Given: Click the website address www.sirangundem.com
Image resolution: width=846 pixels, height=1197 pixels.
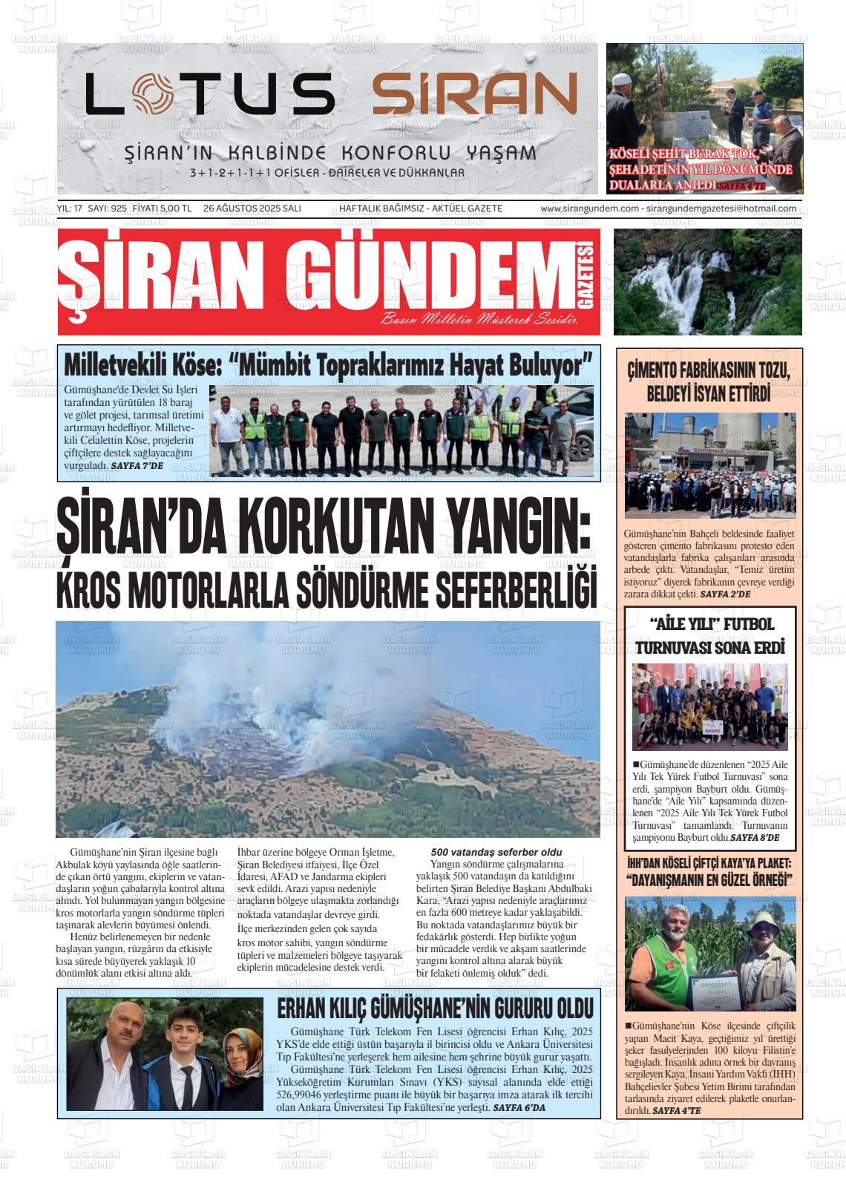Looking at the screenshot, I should tap(590, 209).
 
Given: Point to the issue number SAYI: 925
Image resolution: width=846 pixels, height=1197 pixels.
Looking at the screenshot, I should tap(108, 209).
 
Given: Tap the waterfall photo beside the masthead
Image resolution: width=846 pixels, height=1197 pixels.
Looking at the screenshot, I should tap(707, 281).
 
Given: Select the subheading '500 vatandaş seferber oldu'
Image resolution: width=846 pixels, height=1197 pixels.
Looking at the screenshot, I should tap(496, 852).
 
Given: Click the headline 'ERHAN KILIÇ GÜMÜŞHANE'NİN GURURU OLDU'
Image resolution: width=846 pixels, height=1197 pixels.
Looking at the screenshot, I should tap(435, 1009).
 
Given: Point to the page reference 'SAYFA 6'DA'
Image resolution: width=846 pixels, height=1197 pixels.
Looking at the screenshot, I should tap(519, 1107).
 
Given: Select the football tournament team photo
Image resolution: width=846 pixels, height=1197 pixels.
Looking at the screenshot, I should tap(709, 706).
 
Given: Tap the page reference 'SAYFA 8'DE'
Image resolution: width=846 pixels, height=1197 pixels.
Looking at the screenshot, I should tap(754, 837).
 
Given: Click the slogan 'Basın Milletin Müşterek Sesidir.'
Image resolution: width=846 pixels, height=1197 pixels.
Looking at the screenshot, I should tap(479, 321).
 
